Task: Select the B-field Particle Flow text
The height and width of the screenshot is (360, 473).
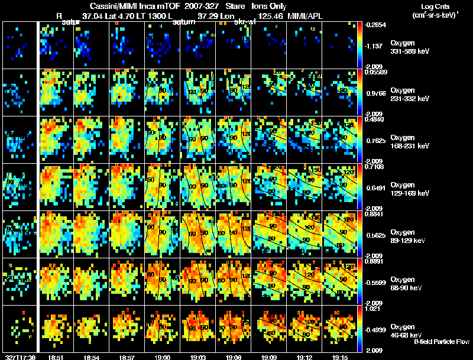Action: tap(442, 342)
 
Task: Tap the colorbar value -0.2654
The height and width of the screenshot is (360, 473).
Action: tap(375, 25)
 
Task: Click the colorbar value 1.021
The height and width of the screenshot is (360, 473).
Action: tap(372, 308)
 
